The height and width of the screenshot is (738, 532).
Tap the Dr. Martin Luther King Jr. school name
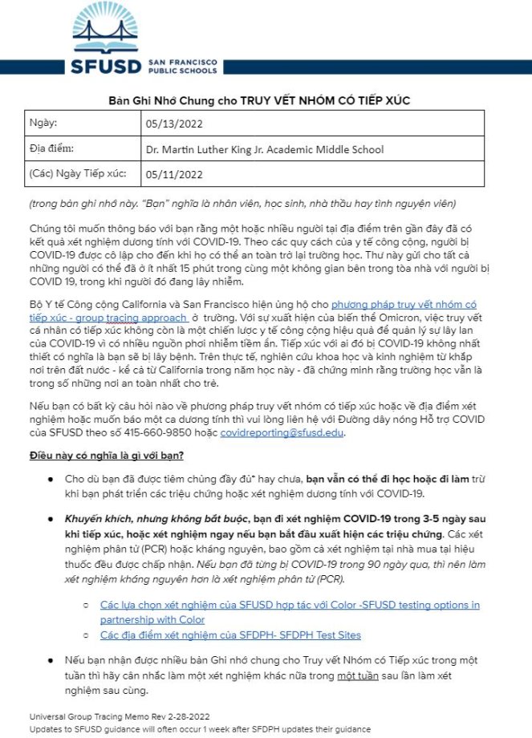tap(264, 149)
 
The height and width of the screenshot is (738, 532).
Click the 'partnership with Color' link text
tap(152, 618)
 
